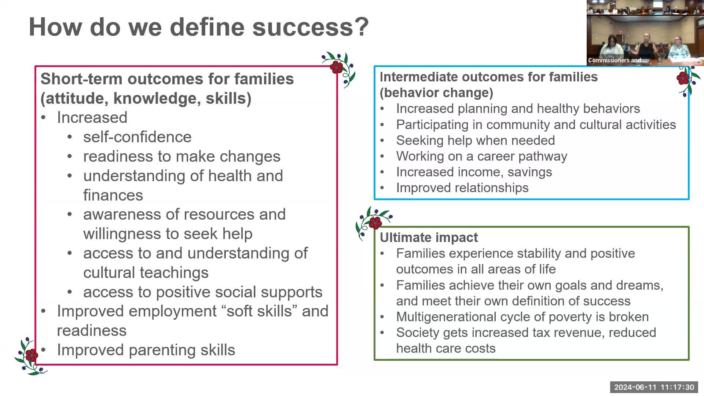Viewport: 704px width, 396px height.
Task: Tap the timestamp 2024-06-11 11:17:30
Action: (654, 387)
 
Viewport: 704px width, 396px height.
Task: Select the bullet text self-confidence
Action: (137, 137)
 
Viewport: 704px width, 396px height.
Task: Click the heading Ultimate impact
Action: (429, 238)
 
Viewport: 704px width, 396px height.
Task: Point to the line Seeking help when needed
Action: (476, 140)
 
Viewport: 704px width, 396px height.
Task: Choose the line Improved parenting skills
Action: (146, 350)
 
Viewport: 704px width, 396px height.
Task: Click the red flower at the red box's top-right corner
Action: (337, 67)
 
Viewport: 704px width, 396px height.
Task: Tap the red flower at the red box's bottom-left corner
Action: (32, 355)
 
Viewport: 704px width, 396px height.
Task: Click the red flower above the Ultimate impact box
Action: (375, 222)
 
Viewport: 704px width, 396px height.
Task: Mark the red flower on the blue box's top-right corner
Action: (683, 78)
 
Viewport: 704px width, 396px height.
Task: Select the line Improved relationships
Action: (462, 188)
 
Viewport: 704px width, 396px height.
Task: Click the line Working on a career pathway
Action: (482, 156)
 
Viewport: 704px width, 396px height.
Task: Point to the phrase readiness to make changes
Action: (182, 157)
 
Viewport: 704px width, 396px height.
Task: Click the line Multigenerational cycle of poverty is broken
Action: (522, 317)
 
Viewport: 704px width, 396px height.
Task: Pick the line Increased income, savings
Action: (474, 172)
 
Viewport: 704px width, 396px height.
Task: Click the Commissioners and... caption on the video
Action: (617, 60)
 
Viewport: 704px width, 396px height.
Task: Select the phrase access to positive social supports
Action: (203, 292)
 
